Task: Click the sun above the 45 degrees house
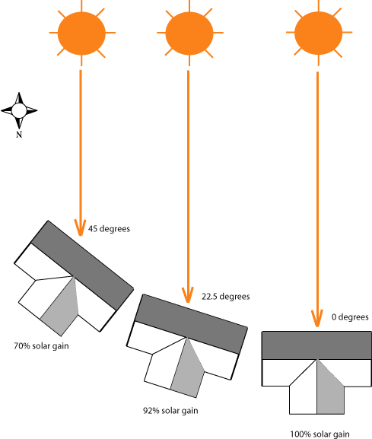(x=80, y=32)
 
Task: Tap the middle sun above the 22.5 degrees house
(x=186, y=32)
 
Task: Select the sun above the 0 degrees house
(x=316, y=33)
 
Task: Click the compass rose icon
(x=19, y=111)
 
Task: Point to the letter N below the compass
(x=19, y=134)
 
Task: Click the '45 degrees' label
(x=110, y=227)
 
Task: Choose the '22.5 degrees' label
(x=225, y=297)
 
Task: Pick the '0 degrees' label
(x=350, y=317)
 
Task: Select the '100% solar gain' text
(x=320, y=434)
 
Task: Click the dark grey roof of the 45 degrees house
(x=81, y=263)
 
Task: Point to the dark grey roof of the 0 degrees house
(x=316, y=345)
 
